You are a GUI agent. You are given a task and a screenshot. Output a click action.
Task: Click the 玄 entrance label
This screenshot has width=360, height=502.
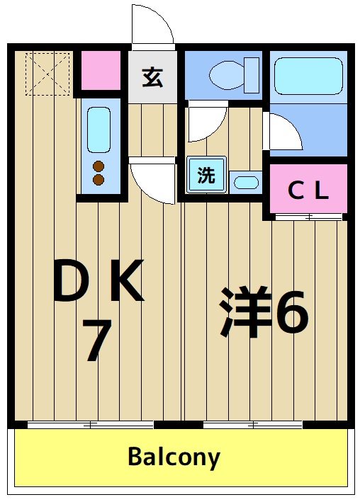pyautogui.click(x=152, y=76)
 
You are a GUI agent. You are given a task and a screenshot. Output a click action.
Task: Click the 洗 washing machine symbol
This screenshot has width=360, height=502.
pyautogui.click(x=206, y=175)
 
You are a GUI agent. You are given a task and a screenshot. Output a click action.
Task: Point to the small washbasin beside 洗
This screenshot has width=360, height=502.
pyautogui.click(x=247, y=182)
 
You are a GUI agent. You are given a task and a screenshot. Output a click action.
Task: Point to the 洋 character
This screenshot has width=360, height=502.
pyautogui.click(x=245, y=312)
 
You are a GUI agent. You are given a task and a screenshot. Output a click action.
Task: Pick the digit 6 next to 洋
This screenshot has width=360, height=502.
pyautogui.click(x=291, y=312)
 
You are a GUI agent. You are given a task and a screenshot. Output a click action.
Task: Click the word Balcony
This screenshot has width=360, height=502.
pyautogui.click(x=174, y=457)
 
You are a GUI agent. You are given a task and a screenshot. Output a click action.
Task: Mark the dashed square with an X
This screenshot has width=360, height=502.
pyautogui.click(x=47, y=72)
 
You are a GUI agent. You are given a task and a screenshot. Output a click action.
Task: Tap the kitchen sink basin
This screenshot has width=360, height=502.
pyautogui.click(x=99, y=127)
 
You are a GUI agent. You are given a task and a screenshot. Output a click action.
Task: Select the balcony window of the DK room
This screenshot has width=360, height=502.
pyautogui.click(x=91, y=425)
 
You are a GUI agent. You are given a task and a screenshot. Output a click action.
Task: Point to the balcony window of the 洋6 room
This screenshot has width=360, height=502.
pyautogui.click(x=253, y=425)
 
